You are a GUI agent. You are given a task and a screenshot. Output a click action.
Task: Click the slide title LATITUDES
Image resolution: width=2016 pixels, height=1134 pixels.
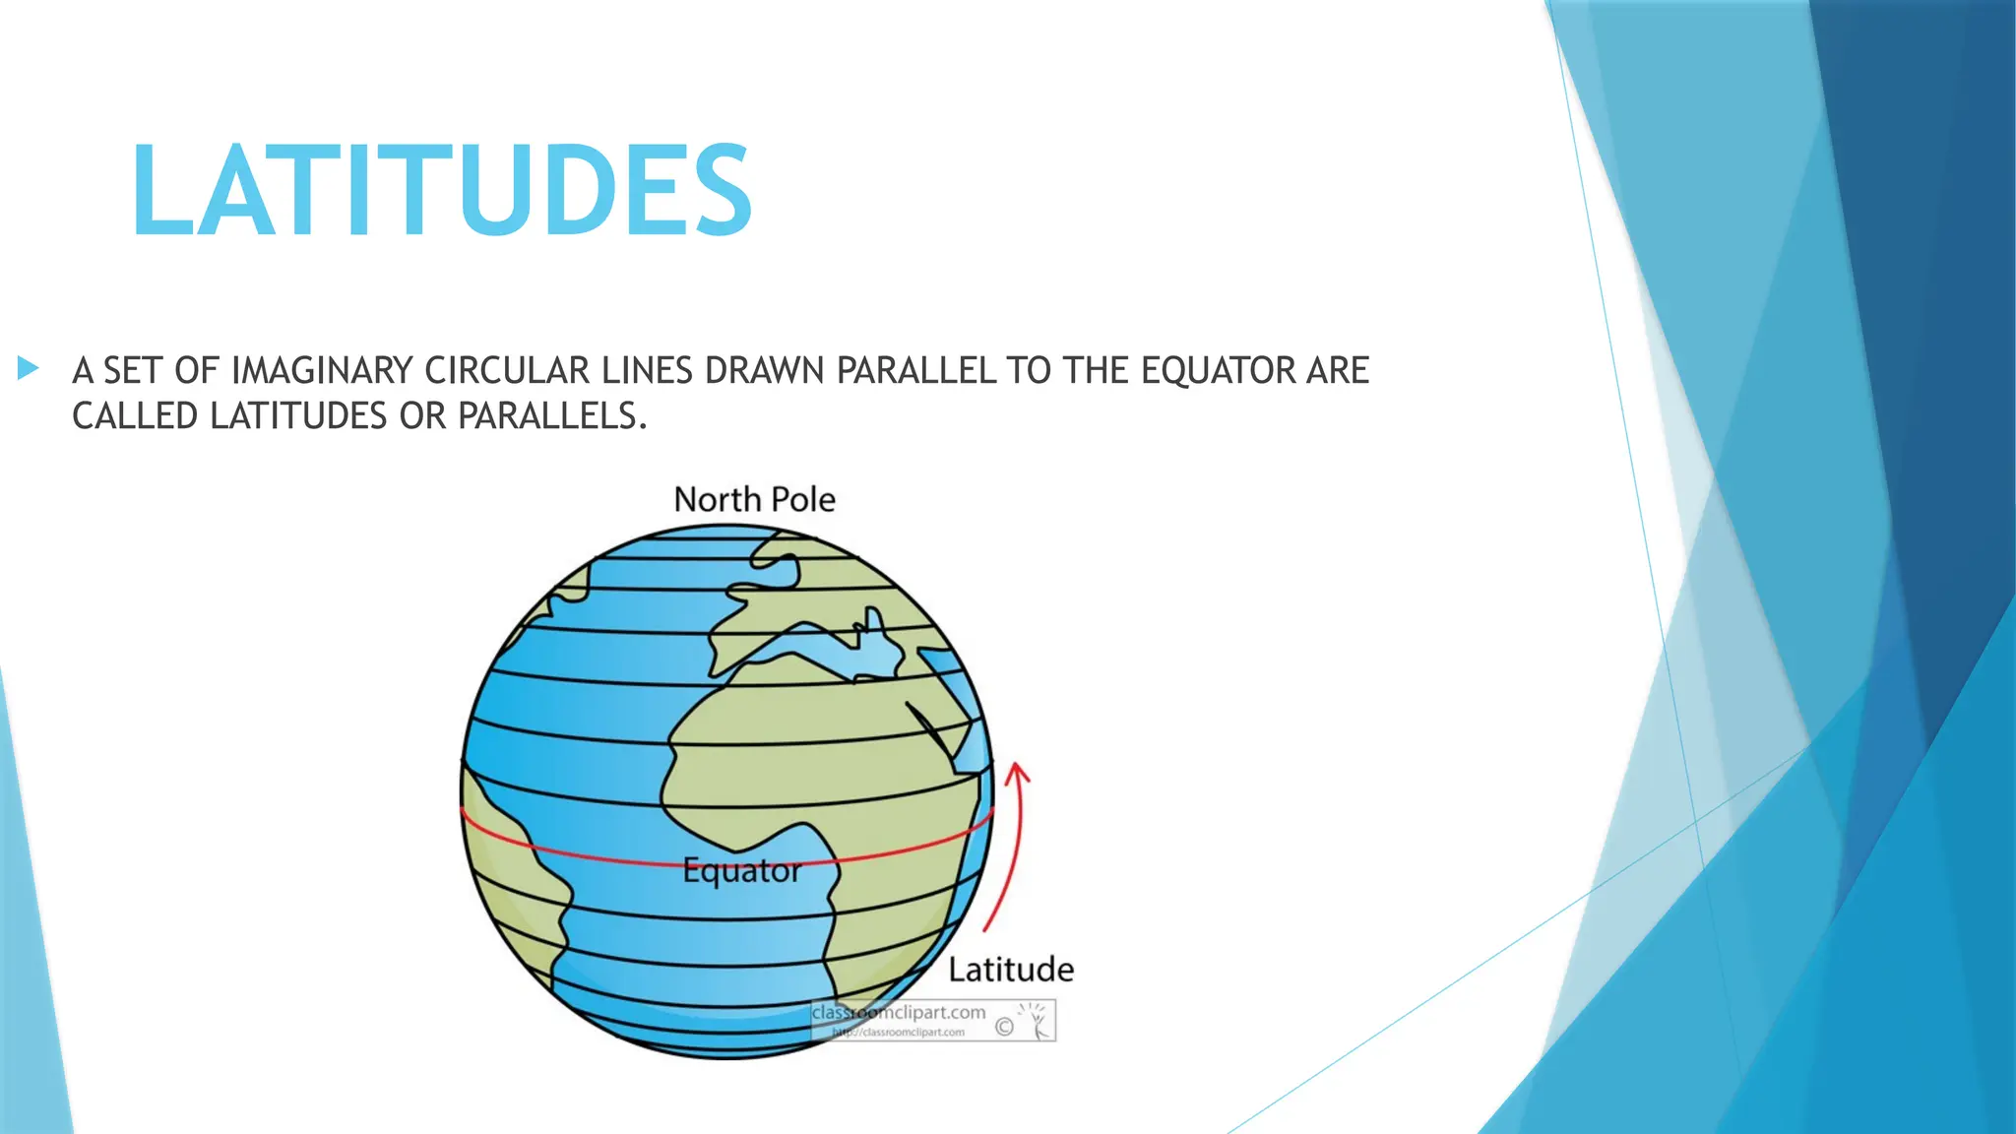(x=442, y=190)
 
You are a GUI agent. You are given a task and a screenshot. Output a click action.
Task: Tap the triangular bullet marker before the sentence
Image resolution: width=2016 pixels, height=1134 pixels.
(x=29, y=369)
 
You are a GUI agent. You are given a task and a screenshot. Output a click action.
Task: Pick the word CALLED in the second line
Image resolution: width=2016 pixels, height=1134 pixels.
(x=135, y=416)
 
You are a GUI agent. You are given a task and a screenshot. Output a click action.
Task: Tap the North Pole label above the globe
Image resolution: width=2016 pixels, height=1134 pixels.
(x=754, y=500)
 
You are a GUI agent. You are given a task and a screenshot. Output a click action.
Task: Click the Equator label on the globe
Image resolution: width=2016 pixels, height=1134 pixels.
(x=742, y=870)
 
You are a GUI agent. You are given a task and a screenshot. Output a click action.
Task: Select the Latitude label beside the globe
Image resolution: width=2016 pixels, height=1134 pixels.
(x=1011, y=970)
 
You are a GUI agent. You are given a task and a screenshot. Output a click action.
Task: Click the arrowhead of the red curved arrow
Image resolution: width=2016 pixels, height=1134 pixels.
(x=1019, y=774)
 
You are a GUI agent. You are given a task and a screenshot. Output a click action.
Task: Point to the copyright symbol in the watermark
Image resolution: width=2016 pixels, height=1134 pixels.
(x=1004, y=1028)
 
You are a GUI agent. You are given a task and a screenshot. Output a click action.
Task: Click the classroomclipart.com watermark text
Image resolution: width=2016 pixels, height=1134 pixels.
(x=898, y=1012)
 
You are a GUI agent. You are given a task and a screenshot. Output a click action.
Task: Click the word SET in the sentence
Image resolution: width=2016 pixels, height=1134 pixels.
(x=133, y=371)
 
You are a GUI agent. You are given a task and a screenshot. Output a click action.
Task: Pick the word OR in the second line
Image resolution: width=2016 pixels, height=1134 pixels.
(x=422, y=416)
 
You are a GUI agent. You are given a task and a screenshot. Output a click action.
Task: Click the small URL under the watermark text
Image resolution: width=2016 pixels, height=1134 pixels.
(x=898, y=1033)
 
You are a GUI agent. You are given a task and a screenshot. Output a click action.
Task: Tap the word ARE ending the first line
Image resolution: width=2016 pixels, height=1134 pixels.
(x=1338, y=371)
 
